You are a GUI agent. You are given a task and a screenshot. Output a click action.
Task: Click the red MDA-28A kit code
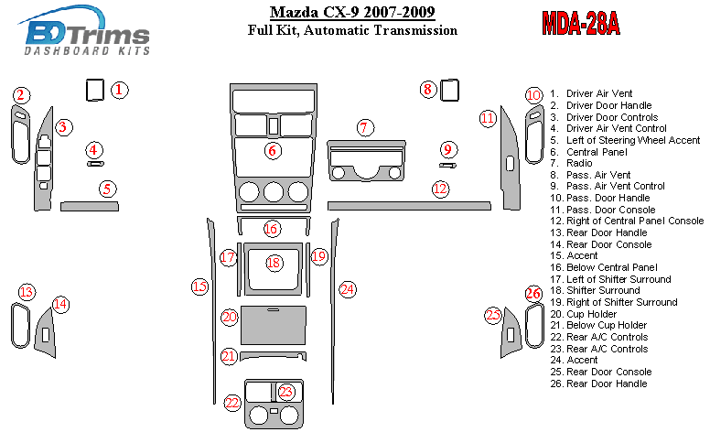(x=581, y=23)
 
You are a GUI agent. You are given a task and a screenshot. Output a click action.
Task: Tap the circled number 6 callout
(x=273, y=150)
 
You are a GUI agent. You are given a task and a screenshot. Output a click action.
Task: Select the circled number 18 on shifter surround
(x=274, y=263)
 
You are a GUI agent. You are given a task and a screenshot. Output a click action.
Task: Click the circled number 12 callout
(x=440, y=189)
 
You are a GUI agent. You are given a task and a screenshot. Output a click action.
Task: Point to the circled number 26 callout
(x=533, y=294)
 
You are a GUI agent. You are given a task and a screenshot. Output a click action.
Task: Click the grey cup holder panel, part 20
(x=274, y=325)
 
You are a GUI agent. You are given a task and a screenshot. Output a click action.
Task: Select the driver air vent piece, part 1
(x=95, y=90)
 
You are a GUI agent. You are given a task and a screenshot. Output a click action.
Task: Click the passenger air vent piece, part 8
(x=449, y=90)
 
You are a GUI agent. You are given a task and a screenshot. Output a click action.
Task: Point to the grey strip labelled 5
(x=90, y=207)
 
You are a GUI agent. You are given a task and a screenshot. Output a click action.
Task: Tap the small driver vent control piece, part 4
(x=95, y=164)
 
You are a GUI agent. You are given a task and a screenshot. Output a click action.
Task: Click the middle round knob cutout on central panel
(x=274, y=192)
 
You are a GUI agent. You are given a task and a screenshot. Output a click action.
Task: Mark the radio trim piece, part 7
(x=366, y=161)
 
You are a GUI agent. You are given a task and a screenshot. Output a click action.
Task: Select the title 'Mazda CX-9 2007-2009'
(x=352, y=12)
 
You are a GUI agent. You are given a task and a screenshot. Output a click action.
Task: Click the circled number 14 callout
(x=60, y=304)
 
